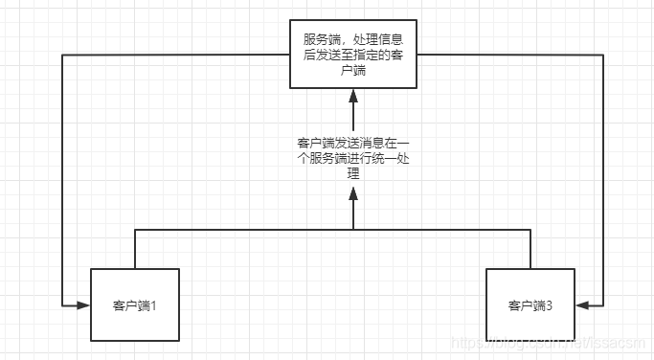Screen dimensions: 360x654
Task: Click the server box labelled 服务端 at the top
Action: (353, 56)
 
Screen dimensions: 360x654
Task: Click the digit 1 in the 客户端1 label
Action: (152, 306)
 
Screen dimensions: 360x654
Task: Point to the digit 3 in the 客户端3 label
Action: (548, 306)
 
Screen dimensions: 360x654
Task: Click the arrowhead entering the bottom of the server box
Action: (353, 95)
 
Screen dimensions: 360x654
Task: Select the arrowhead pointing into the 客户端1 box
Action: (83, 305)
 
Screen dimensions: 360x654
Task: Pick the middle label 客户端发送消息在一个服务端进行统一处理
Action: (353, 159)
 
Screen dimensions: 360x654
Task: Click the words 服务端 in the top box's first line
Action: (322, 40)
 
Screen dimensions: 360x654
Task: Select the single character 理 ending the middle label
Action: (353, 174)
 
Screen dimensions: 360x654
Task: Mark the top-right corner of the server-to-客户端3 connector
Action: (603, 56)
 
